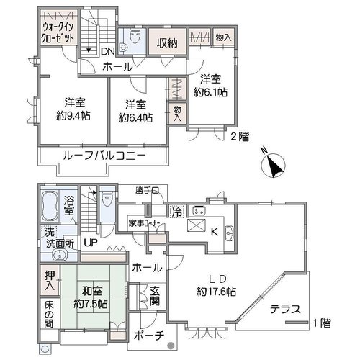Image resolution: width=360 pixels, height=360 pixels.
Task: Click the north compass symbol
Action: tap(273, 166)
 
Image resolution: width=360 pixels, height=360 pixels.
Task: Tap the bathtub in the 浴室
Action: tap(50, 206)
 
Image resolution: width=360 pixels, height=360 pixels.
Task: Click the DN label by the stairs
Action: tap(108, 51)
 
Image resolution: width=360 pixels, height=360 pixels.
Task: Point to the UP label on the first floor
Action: tap(91, 243)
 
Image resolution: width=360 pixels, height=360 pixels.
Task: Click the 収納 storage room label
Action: tap(167, 43)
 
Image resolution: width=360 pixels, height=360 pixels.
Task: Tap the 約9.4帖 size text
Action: tap(73, 116)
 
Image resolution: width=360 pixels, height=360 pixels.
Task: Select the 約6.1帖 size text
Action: tap(210, 92)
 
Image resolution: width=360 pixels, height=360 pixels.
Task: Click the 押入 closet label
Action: tap(50, 281)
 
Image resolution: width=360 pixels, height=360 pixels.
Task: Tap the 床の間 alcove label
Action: tap(49, 315)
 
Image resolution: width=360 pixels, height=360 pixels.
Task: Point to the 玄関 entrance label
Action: tap(155, 296)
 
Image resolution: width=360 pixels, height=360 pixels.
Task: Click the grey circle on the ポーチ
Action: tap(171, 346)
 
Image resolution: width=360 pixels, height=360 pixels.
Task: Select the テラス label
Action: tap(285, 309)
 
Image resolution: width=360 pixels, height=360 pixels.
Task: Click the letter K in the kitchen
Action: tap(215, 232)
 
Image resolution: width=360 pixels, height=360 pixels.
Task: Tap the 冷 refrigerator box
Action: tap(177, 212)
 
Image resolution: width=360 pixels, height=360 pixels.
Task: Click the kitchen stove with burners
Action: tap(199, 211)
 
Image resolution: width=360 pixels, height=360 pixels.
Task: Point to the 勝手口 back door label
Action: tap(147, 191)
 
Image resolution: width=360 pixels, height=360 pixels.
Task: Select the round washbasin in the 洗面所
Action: tap(59, 256)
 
